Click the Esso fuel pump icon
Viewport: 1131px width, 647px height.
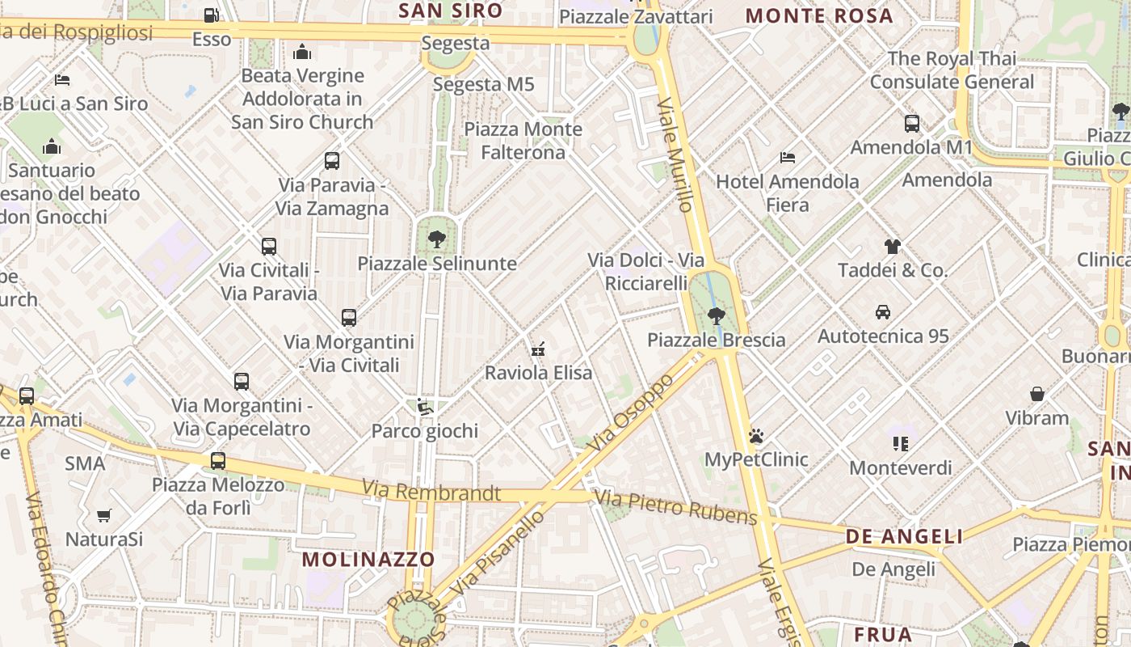point(211,15)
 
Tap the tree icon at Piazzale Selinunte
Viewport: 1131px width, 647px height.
point(436,239)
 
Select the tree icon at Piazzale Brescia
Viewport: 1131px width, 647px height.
point(716,315)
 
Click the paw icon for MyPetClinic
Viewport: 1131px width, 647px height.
point(756,436)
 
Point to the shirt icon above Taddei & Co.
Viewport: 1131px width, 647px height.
point(892,246)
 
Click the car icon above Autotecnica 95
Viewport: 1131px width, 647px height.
point(883,311)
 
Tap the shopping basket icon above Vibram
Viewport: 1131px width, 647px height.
point(1037,394)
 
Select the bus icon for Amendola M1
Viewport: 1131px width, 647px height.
point(912,124)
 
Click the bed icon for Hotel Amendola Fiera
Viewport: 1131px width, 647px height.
point(788,158)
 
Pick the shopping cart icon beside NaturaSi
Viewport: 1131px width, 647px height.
point(103,515)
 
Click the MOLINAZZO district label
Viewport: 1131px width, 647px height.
point(368,559)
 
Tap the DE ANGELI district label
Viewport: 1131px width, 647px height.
point(904,536)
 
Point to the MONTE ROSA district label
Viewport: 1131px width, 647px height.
point(819,15)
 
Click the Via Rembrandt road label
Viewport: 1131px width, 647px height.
point(431,491)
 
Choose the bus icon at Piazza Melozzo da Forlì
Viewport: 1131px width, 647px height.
point(218,461)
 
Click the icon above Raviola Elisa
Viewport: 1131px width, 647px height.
point(538,349)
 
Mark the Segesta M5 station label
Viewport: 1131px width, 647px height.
point(484,84)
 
